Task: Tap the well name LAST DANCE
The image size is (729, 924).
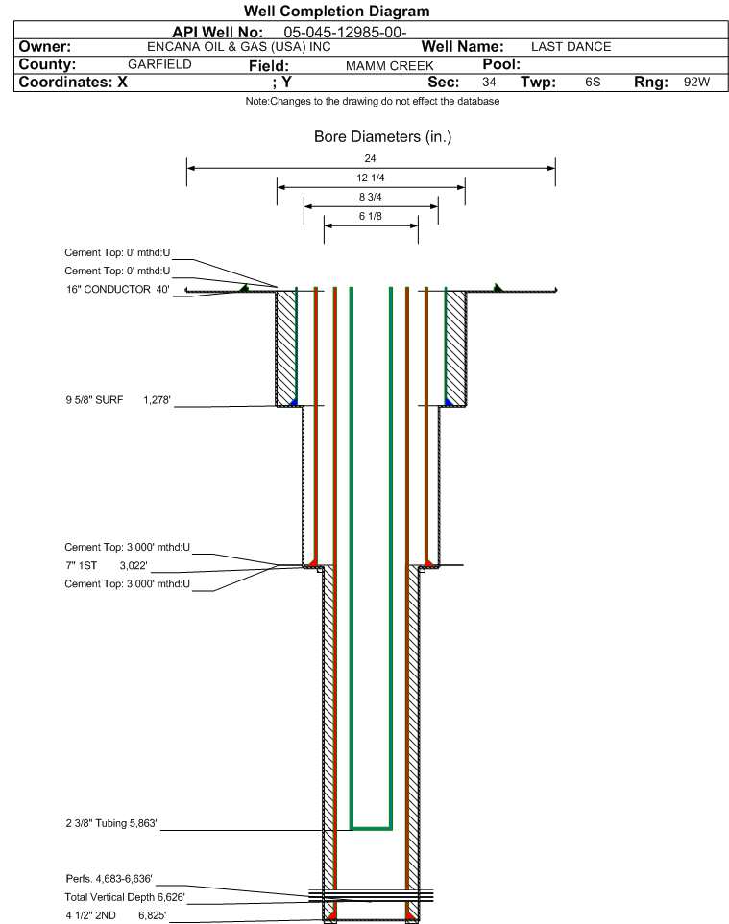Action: coord(571,47)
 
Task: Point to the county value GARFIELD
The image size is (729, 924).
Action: coord(159,64)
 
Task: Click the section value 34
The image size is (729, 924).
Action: coord(489,83)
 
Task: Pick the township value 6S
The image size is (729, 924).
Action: coord(592,83)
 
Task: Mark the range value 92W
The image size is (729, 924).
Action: coord(696,83)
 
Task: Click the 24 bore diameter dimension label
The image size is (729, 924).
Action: coord(371,158)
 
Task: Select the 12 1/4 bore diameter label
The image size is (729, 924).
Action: coord(371,178)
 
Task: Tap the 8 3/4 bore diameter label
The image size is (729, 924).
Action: coord(371,197)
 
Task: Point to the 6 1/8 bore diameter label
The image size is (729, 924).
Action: coord(371,216)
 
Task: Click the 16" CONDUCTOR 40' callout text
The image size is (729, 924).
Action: coord(118,289)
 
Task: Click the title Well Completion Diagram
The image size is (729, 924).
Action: coord(337,12)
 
